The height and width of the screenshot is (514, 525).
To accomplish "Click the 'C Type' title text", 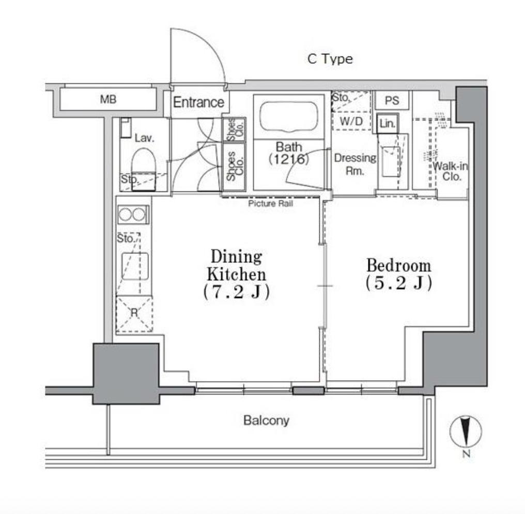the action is click(x=330, y=59).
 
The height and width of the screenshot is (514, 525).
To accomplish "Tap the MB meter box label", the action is click(x=108, y=99).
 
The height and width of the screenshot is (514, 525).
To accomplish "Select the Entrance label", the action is click(x=198, y=102).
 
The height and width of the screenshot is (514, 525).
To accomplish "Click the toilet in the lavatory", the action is click(x=144, y=169).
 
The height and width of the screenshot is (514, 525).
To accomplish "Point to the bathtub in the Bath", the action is click(x=288, y=116).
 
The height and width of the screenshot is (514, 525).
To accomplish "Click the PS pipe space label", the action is click(x=392, y=100).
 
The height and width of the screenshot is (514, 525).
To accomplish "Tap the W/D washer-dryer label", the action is click(x=351, y=122).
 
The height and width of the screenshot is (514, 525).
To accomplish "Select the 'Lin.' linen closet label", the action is click(x=388, y=124).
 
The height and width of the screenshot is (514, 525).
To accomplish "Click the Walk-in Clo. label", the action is click(x=451, y=171).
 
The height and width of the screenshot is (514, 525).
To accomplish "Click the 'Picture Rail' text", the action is click(x=271, y=204).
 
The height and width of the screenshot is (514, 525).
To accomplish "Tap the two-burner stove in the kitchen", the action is click(x=134, y=215).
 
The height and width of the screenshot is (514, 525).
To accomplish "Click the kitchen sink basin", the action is click(x=135, y=266).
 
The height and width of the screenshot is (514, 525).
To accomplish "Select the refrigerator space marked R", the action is click(x=134, y=314).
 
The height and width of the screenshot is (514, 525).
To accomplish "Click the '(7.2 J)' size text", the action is click(x=236, y=292).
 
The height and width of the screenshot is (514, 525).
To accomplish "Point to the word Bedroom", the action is click(x=399, y=266).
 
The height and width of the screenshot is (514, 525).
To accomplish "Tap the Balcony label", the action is click(x=266, y=420).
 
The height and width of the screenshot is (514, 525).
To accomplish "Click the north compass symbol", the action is click(x=466, y=432).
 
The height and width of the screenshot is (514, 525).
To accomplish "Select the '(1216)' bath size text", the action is click(x=289, y=159).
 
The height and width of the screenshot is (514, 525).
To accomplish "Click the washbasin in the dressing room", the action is click(x=391, y=161).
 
